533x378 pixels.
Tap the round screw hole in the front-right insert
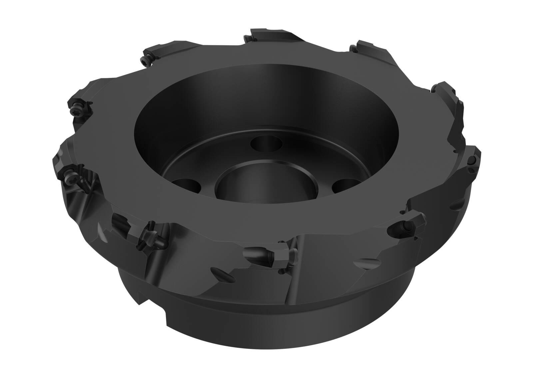click(403, 226)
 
